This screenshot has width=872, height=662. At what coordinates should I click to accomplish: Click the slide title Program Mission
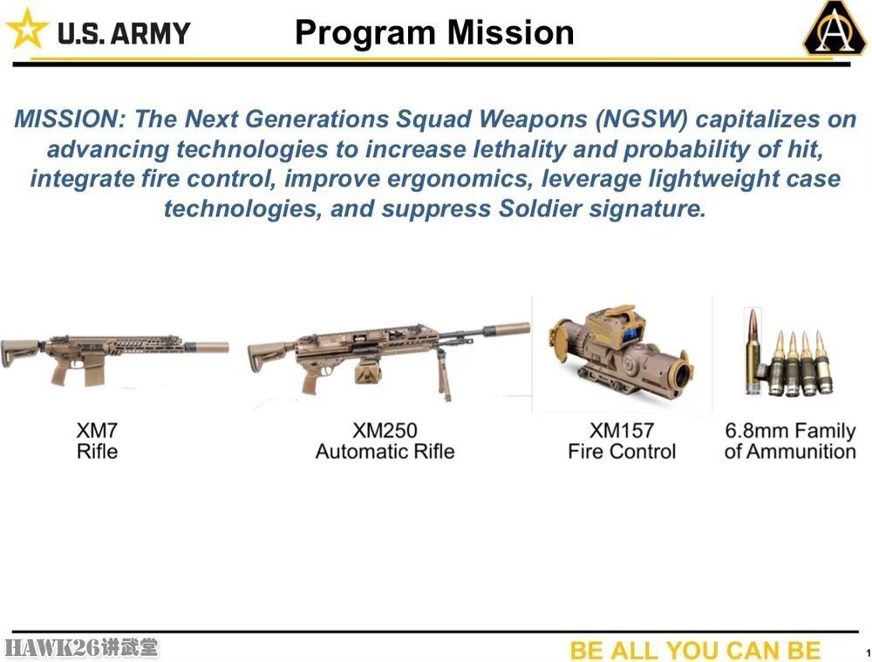pos(434,33)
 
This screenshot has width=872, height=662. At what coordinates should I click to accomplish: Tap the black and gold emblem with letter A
pos(835,29)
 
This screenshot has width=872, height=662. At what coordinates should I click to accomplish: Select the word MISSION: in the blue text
pos(71,119)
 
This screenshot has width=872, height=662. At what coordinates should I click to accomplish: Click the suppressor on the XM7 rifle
pos(207,347)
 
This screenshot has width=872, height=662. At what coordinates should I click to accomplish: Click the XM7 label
pos(97,430)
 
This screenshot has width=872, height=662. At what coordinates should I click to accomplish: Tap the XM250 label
pos(385,430)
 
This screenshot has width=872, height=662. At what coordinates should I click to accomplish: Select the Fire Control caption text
pos(622,451)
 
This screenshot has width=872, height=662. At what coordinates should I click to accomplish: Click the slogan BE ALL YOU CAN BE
pos(695,650)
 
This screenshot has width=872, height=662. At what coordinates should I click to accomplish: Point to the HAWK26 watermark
pos(81,647)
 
